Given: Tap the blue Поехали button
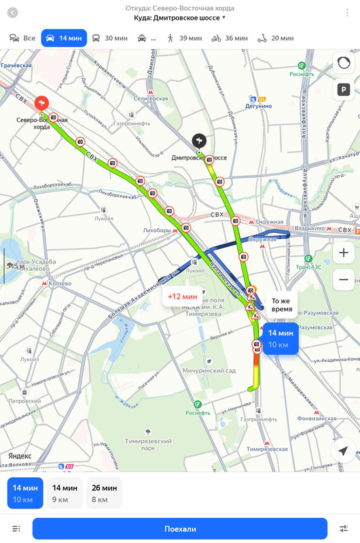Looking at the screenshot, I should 180,529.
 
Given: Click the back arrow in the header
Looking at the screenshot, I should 12,12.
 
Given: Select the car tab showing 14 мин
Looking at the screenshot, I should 63,38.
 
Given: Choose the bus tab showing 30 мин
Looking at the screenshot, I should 109,38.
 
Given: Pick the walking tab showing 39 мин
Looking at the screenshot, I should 184,38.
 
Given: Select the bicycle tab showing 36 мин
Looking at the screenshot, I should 229,38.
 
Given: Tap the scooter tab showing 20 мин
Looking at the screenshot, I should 275,38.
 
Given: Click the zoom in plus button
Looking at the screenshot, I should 344,253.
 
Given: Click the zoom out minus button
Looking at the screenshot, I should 344,279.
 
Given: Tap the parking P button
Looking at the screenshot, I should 344,90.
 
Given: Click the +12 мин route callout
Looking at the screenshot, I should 183,297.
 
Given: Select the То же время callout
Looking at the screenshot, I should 281,304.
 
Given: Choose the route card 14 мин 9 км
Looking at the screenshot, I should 65,493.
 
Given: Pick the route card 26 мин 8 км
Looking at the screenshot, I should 104,493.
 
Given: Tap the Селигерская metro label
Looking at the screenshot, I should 148,98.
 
